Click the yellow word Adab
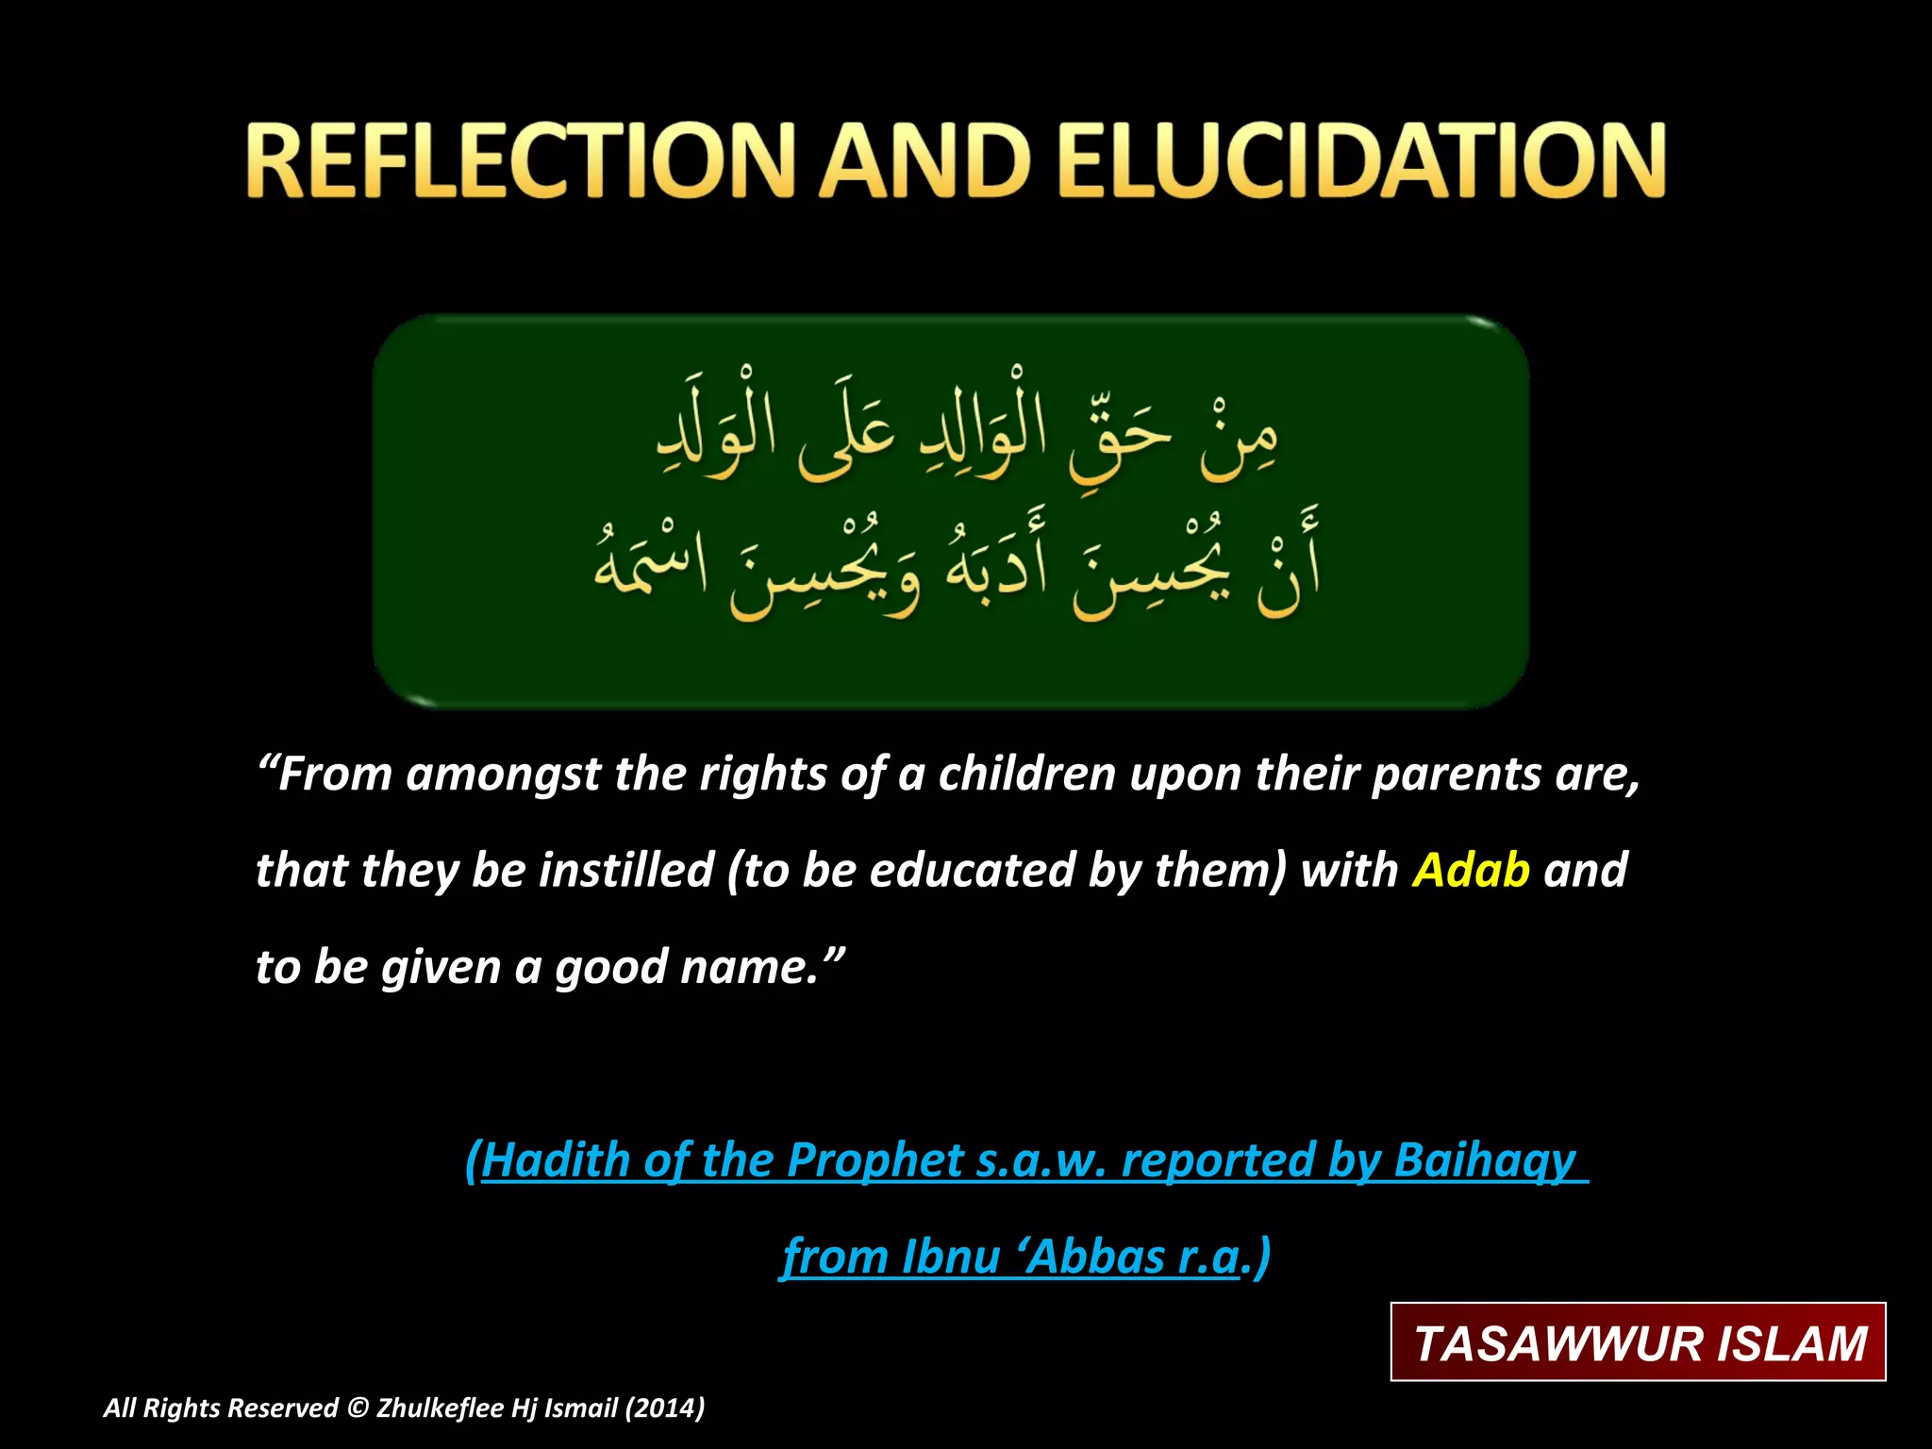pyautogui.click(x=1471, y=870)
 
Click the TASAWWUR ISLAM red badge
pyautogui.click(x=1639, y=1342)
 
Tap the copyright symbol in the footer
pyautogui.click(x=357, y=1408)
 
